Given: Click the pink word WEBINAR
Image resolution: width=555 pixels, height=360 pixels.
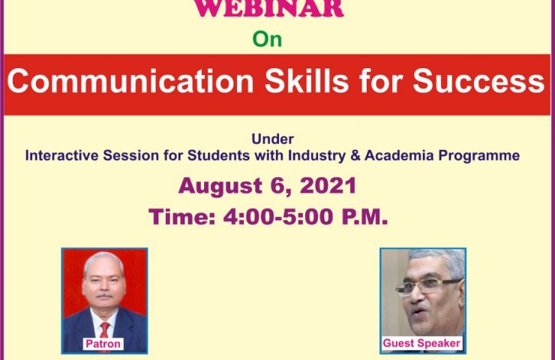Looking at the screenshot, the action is coord(268,8).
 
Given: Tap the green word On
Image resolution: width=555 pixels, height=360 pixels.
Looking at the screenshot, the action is coord(267,39).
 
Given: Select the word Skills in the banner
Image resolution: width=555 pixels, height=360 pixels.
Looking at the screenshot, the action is coord(307,81).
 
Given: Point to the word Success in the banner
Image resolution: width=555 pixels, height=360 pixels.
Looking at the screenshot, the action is coord(479,81).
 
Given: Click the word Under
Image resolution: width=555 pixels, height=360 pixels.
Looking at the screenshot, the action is coord(272,139).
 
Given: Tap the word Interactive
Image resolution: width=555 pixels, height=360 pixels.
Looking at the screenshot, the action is coord(61,155).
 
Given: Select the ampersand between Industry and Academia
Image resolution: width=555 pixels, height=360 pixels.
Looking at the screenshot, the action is coord(355,156).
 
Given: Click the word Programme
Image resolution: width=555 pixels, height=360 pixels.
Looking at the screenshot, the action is coord(479,156).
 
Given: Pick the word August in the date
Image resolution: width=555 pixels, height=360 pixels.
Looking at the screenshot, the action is coord(220,186).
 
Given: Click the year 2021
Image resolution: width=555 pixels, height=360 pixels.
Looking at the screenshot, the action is coord(328,185).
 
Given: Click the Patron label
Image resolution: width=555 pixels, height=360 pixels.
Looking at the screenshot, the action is coord(103,343).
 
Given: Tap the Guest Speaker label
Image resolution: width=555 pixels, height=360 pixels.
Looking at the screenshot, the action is coord(421,343).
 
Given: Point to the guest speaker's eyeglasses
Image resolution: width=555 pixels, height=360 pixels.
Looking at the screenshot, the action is coord(429,286).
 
